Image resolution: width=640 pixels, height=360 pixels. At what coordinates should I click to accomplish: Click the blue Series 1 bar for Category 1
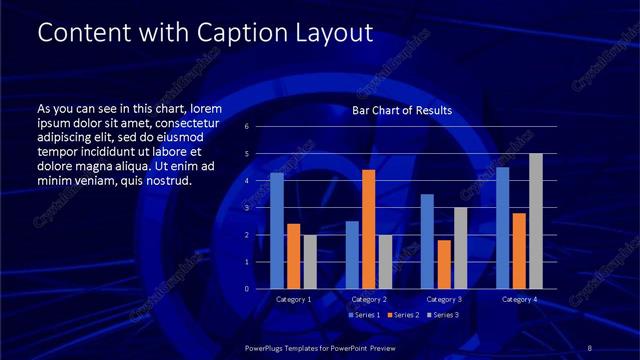click(x=277, y=231)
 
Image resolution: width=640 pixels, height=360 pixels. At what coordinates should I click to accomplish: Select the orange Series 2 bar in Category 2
click(x=368, y=229)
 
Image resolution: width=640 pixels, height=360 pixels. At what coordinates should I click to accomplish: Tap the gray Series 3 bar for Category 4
click(x=536, y=221)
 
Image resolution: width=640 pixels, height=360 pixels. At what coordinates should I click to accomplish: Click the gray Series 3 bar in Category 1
click(x=310, y=262)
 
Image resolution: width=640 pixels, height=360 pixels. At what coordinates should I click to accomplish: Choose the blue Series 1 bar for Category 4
click(x=502, y=228)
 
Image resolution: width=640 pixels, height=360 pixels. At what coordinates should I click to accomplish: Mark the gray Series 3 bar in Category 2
click(x=385, y=262)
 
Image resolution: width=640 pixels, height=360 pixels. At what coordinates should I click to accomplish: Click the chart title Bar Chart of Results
click(x=402, y=110)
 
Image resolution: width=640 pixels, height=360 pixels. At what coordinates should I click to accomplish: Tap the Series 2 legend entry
click(x=401, y=315)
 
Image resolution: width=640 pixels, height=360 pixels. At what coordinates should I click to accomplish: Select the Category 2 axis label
click(x=369, y=299)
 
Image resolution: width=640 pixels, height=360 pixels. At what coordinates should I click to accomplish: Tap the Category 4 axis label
click(x=519, y=299)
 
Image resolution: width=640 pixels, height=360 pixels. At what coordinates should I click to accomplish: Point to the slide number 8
click(x=590, y=347)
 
